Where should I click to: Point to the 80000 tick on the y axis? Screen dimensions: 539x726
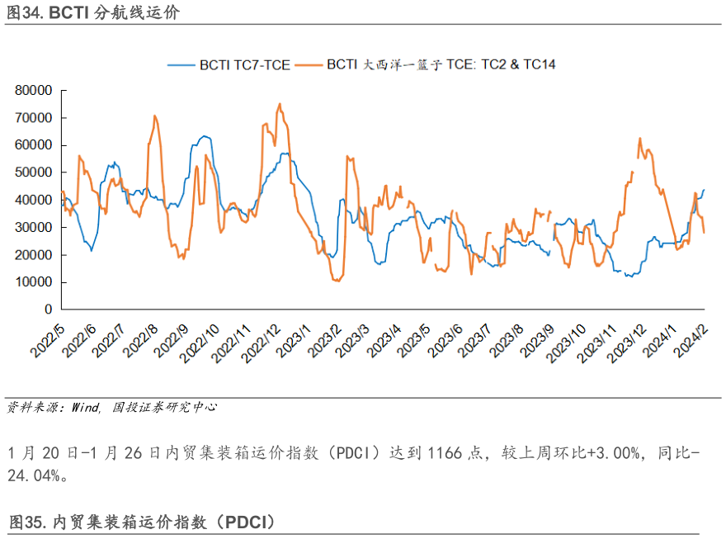click(34, 90)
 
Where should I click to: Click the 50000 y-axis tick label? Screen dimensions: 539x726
click(34, 173)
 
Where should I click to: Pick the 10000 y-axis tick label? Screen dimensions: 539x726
click(34, 282)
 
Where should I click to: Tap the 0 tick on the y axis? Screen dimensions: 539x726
click(49, 310)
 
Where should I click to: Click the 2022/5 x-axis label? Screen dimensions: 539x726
click(48, 340)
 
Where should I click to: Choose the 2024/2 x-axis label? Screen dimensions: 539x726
click(692, 340)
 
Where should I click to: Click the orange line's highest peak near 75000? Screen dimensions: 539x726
click(280, 104)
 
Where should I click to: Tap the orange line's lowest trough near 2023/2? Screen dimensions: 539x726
click(336, 281)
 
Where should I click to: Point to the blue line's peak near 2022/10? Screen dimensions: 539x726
click(205, 136)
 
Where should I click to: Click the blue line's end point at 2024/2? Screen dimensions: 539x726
click(704, 190)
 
